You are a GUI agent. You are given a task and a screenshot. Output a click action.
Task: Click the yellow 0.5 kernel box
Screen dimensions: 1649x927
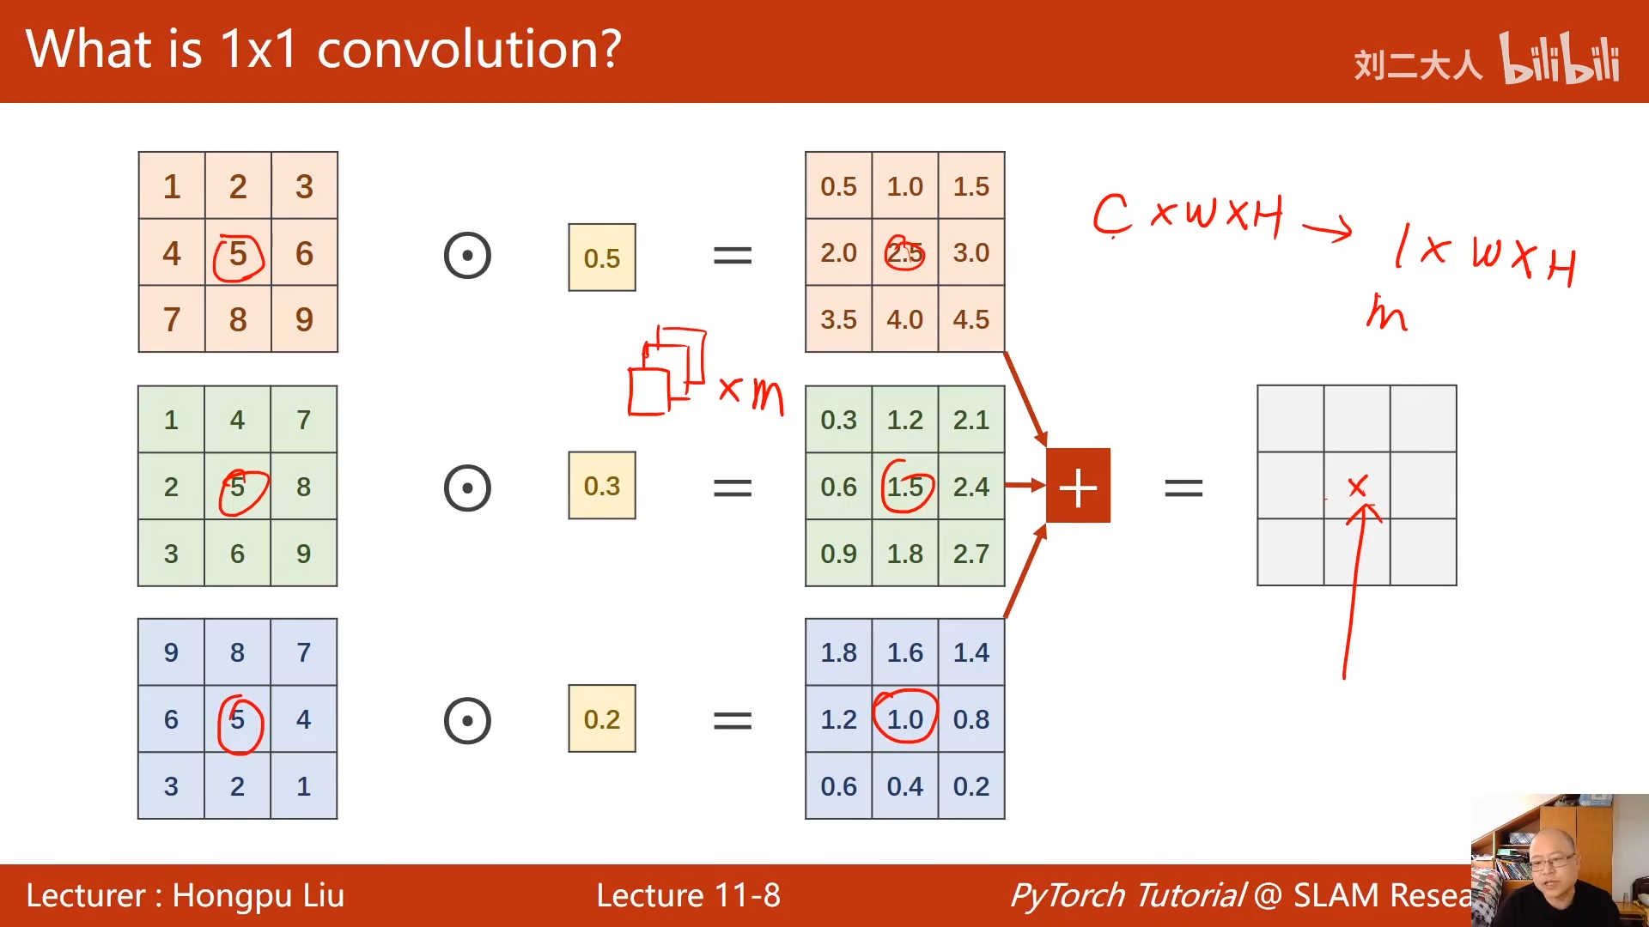(601, 257)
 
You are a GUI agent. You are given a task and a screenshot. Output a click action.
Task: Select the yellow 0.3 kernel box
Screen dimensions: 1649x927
(601, 486)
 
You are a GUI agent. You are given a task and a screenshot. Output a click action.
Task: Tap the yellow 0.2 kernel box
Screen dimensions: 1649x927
(601, 718)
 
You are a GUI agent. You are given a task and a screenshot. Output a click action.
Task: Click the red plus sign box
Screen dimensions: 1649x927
(1078, 486)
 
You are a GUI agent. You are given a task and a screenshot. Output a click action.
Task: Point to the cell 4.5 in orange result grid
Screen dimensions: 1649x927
(971, 319)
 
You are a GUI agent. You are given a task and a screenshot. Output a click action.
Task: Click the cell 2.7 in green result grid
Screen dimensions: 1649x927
(971, 554)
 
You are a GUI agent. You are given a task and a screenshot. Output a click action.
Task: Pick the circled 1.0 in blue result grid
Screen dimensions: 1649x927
(905, 718)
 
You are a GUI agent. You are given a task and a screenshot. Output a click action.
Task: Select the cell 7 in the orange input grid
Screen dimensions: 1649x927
(172, 319)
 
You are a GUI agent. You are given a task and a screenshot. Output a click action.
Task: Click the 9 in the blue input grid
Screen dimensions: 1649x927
(171, 652)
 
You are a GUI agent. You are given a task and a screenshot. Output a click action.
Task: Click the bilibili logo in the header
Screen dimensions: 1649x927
(1560, 58)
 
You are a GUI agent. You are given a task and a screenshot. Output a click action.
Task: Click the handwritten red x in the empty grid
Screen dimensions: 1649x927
(1357, 487)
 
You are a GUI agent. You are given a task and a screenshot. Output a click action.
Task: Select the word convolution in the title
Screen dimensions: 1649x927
(469, 49)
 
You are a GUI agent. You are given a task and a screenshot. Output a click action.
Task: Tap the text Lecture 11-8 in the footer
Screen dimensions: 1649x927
(688, 895)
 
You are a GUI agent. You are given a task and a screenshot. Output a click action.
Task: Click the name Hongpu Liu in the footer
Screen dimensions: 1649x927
(258, 896)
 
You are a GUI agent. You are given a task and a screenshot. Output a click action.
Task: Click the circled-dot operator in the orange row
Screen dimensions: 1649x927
(467, 255)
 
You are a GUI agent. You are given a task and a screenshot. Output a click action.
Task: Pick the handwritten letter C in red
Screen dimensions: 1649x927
(1111, 215)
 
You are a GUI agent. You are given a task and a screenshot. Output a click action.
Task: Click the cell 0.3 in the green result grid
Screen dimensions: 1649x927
(839, 420)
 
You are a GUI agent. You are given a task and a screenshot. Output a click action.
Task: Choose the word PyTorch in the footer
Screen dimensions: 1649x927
(1127, 896)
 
